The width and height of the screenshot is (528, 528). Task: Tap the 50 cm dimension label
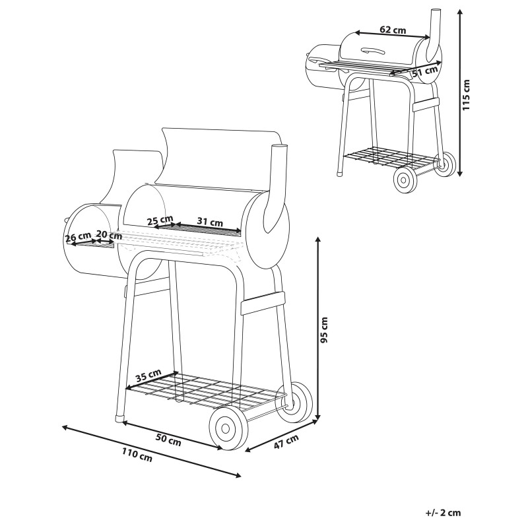(x=168, y=440)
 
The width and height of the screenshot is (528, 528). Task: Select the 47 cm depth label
(x=286, y=442)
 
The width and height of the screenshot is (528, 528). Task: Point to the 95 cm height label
(x=325, y=329)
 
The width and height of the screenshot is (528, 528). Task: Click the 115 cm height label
(x=466, y=95)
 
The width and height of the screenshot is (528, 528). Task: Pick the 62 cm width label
(x=393, y=30)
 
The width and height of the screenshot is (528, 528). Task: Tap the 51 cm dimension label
(x=425, y=71)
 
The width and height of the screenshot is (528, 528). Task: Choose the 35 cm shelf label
(x=148, y=375)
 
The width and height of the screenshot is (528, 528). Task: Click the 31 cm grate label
(x=210, y=222)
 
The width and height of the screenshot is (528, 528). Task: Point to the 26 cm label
(x=78, y=237)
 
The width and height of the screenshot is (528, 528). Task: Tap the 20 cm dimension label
(x=109, y=234)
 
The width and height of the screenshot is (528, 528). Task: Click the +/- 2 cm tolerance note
(x=443, y=513)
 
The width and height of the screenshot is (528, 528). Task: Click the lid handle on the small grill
(x=373, y=51)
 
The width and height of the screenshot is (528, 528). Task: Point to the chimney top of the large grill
(x=279, y=148)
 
